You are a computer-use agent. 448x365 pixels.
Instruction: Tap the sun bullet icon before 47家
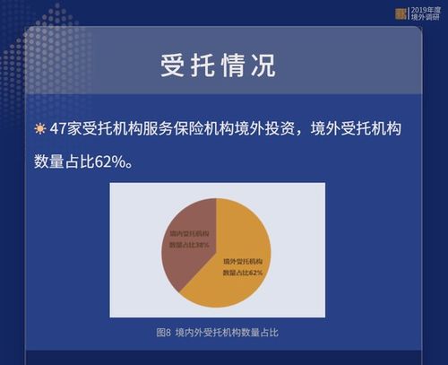[x=39, y=130]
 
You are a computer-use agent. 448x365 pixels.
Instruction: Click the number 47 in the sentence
[x=59, y=130]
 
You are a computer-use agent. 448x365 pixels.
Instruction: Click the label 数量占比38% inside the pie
[x=190, y=244]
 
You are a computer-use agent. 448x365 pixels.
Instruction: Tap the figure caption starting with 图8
[x=223, y=332]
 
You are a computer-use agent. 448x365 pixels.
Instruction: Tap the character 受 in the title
[x=173, y=65]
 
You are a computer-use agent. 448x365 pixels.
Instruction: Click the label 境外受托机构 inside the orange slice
[x=242, y=260]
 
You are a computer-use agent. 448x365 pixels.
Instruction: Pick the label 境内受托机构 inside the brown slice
[x=190, y=232]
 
